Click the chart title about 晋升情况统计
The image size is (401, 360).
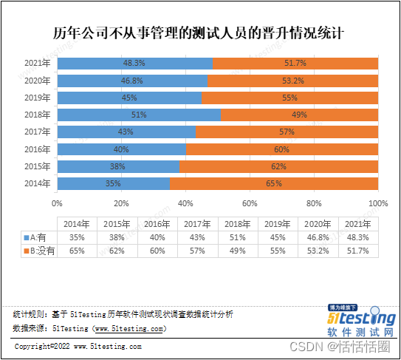point(200,33)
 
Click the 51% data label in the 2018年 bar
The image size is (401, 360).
point(138,115)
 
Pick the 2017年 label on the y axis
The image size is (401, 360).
point(37,132)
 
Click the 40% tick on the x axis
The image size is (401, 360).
point(185,203)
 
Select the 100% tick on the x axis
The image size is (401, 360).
point(377,203)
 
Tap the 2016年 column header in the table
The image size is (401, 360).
point(157,223)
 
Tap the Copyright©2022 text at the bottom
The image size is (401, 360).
point(78,346)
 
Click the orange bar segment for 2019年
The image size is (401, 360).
point(289,98)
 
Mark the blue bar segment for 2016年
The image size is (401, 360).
point(120,149)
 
